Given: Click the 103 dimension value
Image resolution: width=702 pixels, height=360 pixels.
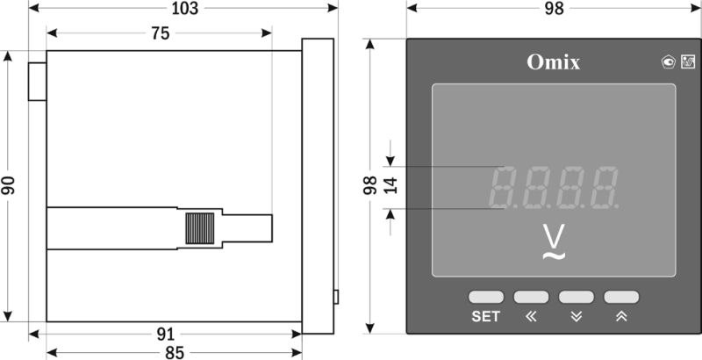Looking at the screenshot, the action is (184, 8).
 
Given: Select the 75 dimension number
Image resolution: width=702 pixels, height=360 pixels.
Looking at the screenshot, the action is (161, 33).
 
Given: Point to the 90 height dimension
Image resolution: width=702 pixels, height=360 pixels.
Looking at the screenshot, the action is (8, 185).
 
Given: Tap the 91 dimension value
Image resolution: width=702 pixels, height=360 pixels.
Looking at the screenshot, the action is (165, 334).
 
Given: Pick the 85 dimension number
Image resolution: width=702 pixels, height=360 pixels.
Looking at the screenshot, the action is (174, 353).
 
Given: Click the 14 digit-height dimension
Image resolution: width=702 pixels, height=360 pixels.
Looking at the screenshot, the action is (390, 185).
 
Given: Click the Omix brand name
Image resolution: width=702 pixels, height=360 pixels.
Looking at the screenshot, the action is (554, 61).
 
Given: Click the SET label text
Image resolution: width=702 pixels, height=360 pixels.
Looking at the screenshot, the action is (485, 317).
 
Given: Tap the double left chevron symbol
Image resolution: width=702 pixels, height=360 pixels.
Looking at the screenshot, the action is (531, 317).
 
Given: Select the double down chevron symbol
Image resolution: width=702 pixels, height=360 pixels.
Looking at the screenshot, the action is (577, 317).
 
